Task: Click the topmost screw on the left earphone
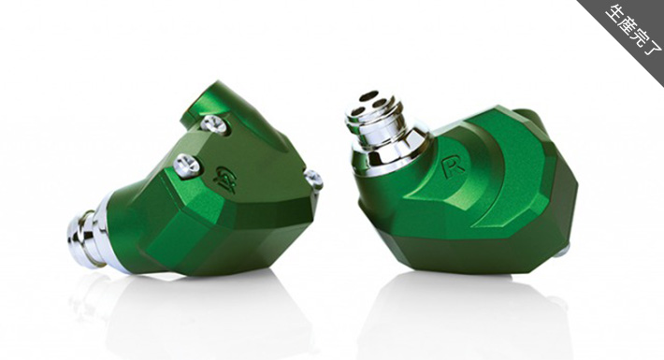coord(214,124)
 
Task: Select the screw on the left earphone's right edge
coord(314,180)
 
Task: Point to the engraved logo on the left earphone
coord(225,176)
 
